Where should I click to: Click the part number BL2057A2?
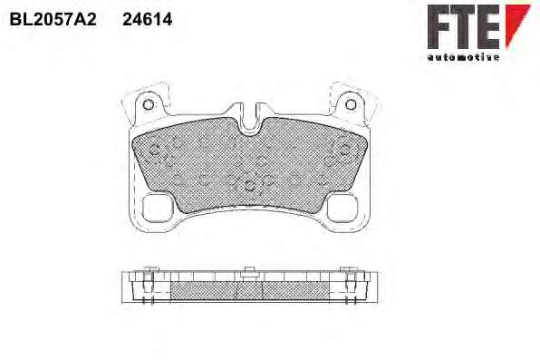(x=53, y=20)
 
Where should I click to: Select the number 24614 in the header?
(x=148, y=20)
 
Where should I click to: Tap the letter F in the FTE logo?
(x=440, y=26)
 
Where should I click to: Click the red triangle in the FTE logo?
(x=516, y=23)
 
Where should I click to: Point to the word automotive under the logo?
(x=463, y=57)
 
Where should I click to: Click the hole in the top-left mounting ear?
(x=148, y=104)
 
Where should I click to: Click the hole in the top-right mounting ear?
(x=351, y=104)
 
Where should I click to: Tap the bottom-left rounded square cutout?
(x=158, y=208)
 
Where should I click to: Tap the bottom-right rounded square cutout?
(x=342, y=208)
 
